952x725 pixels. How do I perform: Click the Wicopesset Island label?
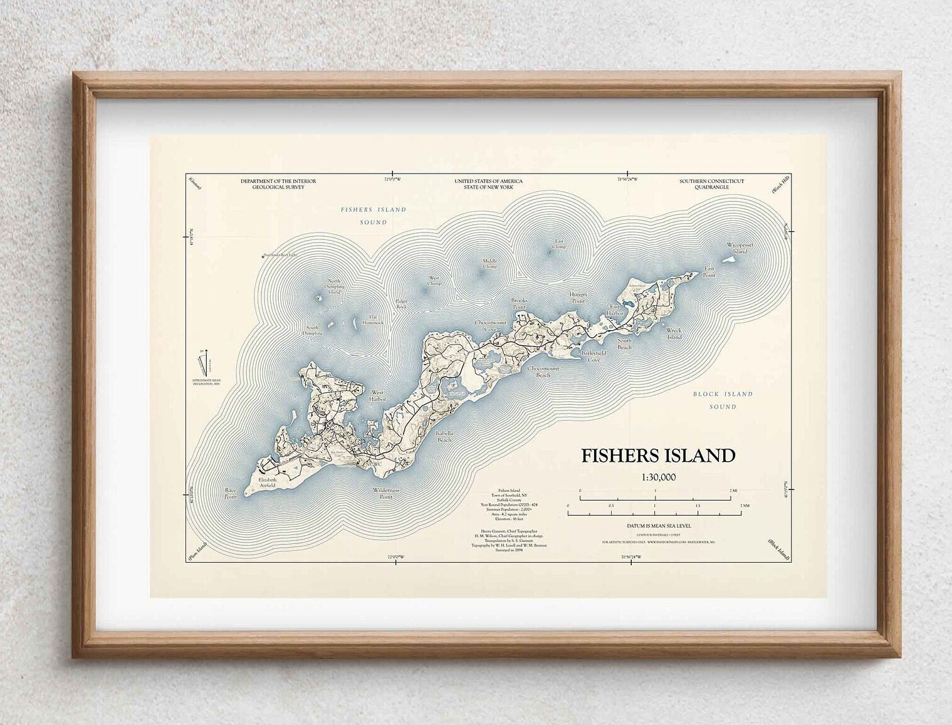tap(737, 248)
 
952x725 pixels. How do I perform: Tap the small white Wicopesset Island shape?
tap(730, 260)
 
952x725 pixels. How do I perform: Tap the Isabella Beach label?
tap(443, 437)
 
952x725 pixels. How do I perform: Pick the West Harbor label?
tap(377, 396)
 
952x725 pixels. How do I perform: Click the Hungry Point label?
tap(578, 297)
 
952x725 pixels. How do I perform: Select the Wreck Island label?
tap(674, 333)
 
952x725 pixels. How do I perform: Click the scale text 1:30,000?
tap(658, 477)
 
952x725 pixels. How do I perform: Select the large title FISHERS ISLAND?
tap(658, 456)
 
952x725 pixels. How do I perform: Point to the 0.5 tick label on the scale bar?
tap(611, 505)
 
